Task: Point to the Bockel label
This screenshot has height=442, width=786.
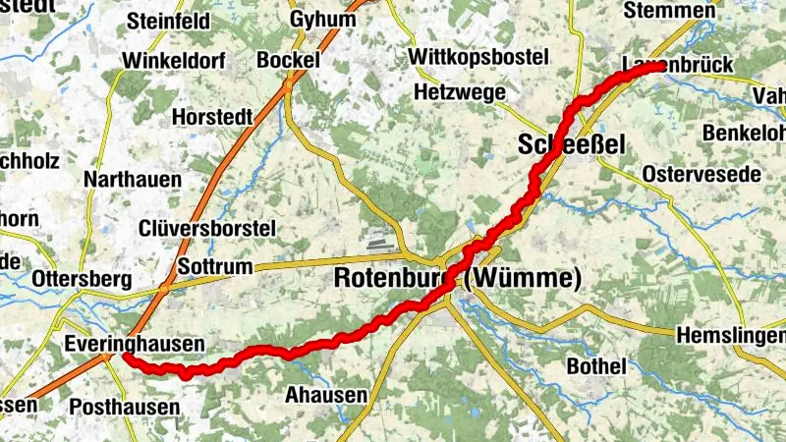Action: point(289,60)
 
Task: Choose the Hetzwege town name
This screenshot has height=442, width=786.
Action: point(459,92)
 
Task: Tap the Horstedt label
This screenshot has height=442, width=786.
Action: point(212,116)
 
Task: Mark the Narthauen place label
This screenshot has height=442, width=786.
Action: point(133,179)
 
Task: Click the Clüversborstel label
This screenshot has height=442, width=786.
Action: point(206,228)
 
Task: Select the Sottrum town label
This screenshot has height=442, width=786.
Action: point(216,267)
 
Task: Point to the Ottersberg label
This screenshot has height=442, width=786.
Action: point(82,279)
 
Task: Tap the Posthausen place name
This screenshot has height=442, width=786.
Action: point(125,406)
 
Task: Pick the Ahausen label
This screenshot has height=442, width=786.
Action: point(325,395)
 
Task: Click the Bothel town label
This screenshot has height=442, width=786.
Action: point(596,366)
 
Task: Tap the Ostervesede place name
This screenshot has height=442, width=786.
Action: point(701,174)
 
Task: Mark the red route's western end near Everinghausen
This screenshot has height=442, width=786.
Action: point(128,359)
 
